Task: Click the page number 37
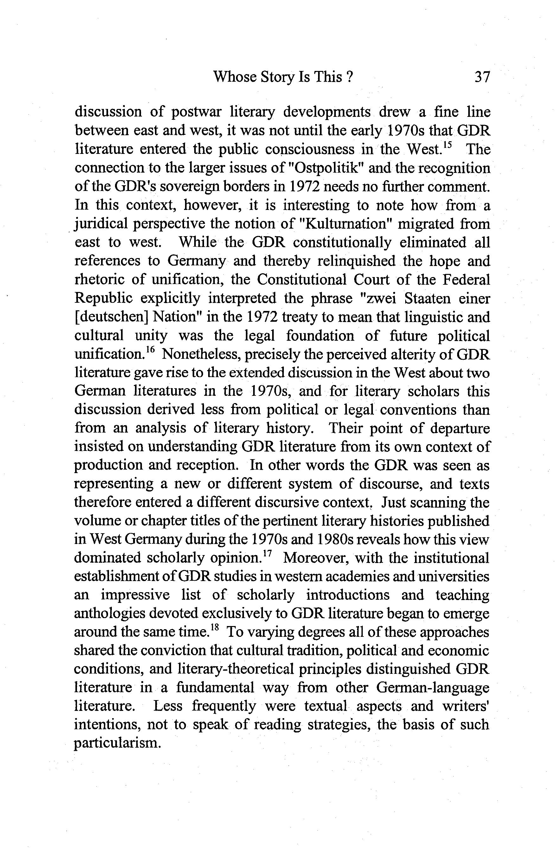pyautogui.click(x=482, y=77)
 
